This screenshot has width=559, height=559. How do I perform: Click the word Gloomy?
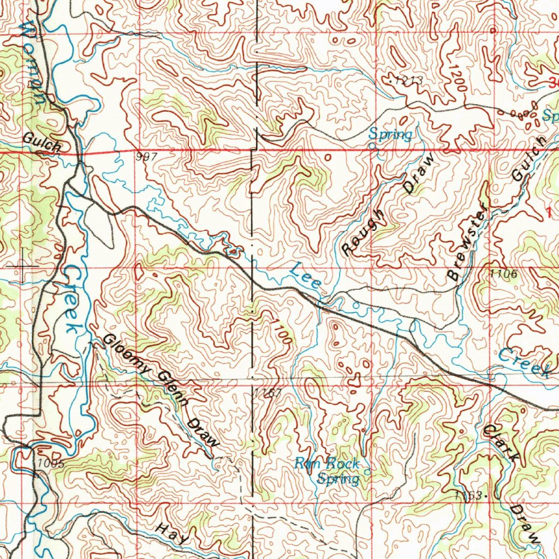tap(126, 355)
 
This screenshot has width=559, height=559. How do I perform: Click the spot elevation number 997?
tap(147, 157)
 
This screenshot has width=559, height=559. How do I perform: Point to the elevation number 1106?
tap(503, 273)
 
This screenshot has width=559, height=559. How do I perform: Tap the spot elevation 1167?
tap(267, 393)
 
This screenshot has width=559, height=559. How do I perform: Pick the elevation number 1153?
tap(468, 495)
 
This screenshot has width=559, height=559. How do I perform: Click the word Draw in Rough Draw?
tap(420, 174)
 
